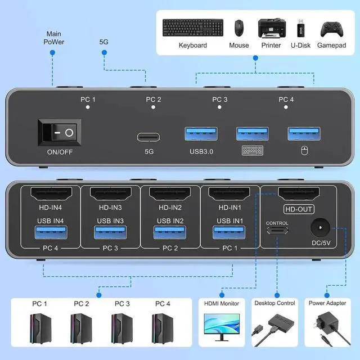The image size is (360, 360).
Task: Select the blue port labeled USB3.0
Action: point(201,134)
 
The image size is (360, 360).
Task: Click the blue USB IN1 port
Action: point(227,232)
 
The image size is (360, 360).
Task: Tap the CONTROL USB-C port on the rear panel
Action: point(277,230)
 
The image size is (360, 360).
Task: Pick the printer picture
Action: point(270,28)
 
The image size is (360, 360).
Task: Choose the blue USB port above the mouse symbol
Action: point(304,134)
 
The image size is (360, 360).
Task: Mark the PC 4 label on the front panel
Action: point(286,100)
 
